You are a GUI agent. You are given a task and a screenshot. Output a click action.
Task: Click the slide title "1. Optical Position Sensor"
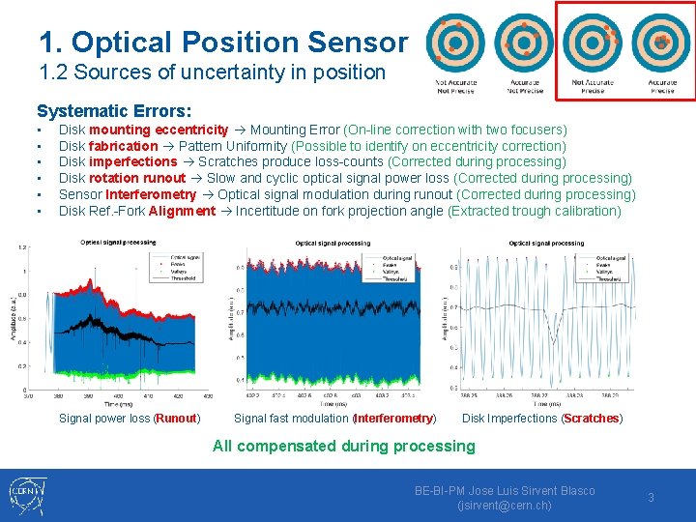coord(223,42)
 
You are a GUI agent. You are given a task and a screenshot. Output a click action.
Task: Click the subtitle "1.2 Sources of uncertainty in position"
coord(212,72)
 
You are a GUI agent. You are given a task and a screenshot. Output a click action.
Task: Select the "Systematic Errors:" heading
coord(114,112)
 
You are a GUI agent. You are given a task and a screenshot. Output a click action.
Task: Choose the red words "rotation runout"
coord(137,178)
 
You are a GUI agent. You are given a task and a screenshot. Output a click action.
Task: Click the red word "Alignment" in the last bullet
coord(183,211)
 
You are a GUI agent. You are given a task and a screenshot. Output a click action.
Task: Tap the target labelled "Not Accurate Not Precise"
coord(455,43)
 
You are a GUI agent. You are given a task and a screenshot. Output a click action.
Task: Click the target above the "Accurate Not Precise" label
coord(523,43)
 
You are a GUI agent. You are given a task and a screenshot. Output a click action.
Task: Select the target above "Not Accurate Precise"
coord(593,43)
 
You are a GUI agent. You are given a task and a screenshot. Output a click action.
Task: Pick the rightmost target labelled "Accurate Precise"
coord(661,43)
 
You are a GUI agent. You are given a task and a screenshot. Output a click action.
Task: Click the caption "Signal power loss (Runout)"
coord(130,419)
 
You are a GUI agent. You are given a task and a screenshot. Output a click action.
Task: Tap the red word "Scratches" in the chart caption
coord(592,419)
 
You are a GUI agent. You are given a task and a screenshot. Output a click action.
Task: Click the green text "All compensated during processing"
coord(344,446)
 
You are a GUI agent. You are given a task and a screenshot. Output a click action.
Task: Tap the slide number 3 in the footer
coord(651,497)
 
